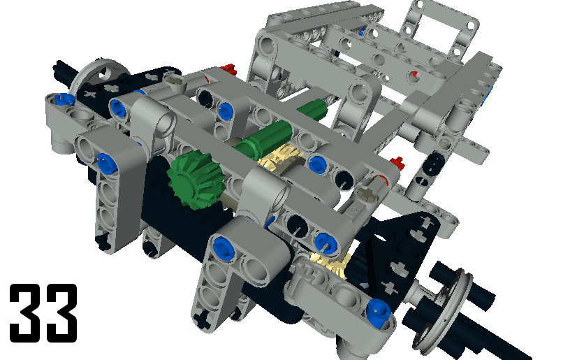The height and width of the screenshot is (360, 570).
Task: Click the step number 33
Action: (43, 312)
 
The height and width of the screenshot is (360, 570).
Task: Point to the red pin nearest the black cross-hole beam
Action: (228, 69)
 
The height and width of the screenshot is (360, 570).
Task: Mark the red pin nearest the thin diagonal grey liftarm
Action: (397, 164)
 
